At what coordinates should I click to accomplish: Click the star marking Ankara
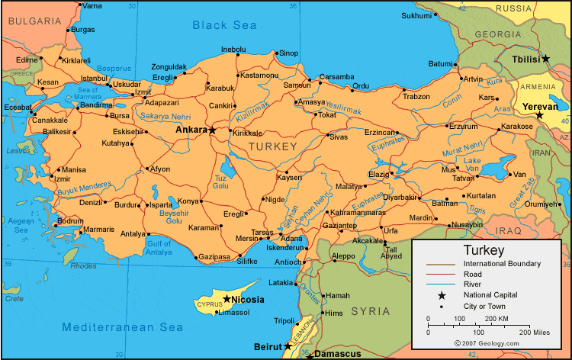tap(213, 130)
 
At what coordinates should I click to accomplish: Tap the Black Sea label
tap(224, 25)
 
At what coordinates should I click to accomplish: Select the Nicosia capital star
tap(227, 299)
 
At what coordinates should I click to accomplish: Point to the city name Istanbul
tap(95, 78)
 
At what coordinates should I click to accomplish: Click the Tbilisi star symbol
tap(545, 59)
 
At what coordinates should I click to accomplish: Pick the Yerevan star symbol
tap(539, 116)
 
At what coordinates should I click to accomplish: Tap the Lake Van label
tap(473, 164)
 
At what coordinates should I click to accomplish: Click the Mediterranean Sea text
tap(123, 327)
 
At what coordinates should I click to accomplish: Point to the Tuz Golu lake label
tap(220, 182)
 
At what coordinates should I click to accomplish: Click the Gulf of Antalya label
tap(159, 247)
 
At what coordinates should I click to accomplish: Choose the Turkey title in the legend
tap(483, 250)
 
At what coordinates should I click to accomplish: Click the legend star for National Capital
tap(442, 294)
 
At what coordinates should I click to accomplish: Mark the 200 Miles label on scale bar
tap(535, 333)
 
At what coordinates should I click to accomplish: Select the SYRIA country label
tap(370, 311)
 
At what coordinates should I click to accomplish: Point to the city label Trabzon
tap(416, 97)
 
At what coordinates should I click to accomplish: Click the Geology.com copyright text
tap(487, 344)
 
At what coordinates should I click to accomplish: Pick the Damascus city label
tap(339, 355)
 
